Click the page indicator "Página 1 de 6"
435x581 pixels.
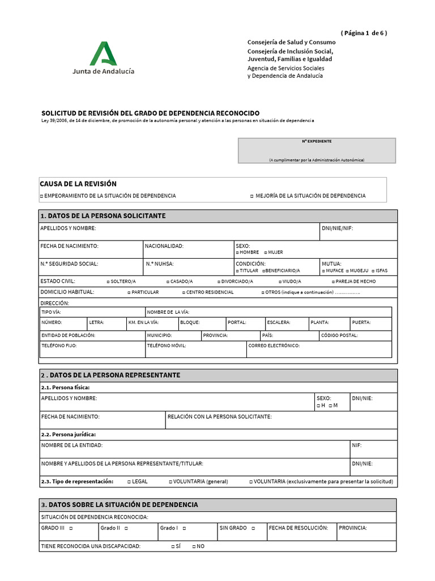pos(364,33)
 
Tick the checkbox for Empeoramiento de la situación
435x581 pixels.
pos(42,196)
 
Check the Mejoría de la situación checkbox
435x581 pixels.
pos(251,196)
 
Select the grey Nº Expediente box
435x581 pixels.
pos(317,151)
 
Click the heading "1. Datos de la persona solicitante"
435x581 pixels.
pos(103,216)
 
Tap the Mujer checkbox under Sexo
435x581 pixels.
pos(266,252)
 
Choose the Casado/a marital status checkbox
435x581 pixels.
pos(168,282)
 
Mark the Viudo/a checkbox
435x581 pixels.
pos(280,282)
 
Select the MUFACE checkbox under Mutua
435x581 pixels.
pos(323,271)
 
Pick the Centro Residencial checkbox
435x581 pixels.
pos(183,293)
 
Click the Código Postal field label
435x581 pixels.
pos(339,335)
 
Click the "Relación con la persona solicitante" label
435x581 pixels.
pos(220,417)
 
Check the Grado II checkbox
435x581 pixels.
pos(126,528)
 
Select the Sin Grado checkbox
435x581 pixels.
pos(253,528)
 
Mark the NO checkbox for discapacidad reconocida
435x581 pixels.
pos(194,546)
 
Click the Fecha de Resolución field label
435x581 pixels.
pos(298,528)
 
